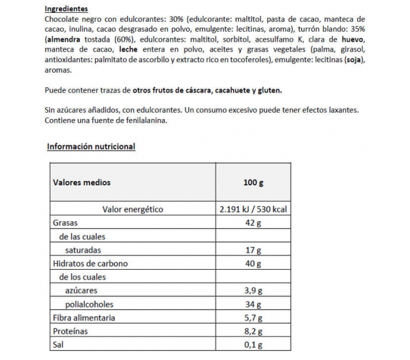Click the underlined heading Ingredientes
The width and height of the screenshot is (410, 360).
pyautogui.click(x=66, y=9)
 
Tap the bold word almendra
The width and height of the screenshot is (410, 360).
pyautogui.click(x=64, y=39)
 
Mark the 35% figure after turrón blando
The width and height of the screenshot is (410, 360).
pyautogui.click(x=357, y=29)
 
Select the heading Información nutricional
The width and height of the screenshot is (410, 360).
pyautogui.click(x=91, y=147)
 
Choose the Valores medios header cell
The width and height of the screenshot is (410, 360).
pyautogui.click(x=81, y=182)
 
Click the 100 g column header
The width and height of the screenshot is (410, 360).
pyautogui.click(x=253, y=182)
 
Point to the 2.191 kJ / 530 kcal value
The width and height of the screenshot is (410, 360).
pyautogui.click(x=252, y=209)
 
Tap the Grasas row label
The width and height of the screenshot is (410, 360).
pyautogui.click(x=65, y=223)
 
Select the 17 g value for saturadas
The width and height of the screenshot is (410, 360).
pyautogui.click(x=253, y=250)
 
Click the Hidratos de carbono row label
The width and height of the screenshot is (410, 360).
pyautogui.click(x=90, y=263)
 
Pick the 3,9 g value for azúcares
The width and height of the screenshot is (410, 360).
pyautogui.click(x=252, y=291)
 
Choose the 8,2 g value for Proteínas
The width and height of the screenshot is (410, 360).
pyautogui.click(x=252, y=331)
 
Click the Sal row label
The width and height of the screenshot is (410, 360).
pyautogui.click(x=59, y=345)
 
